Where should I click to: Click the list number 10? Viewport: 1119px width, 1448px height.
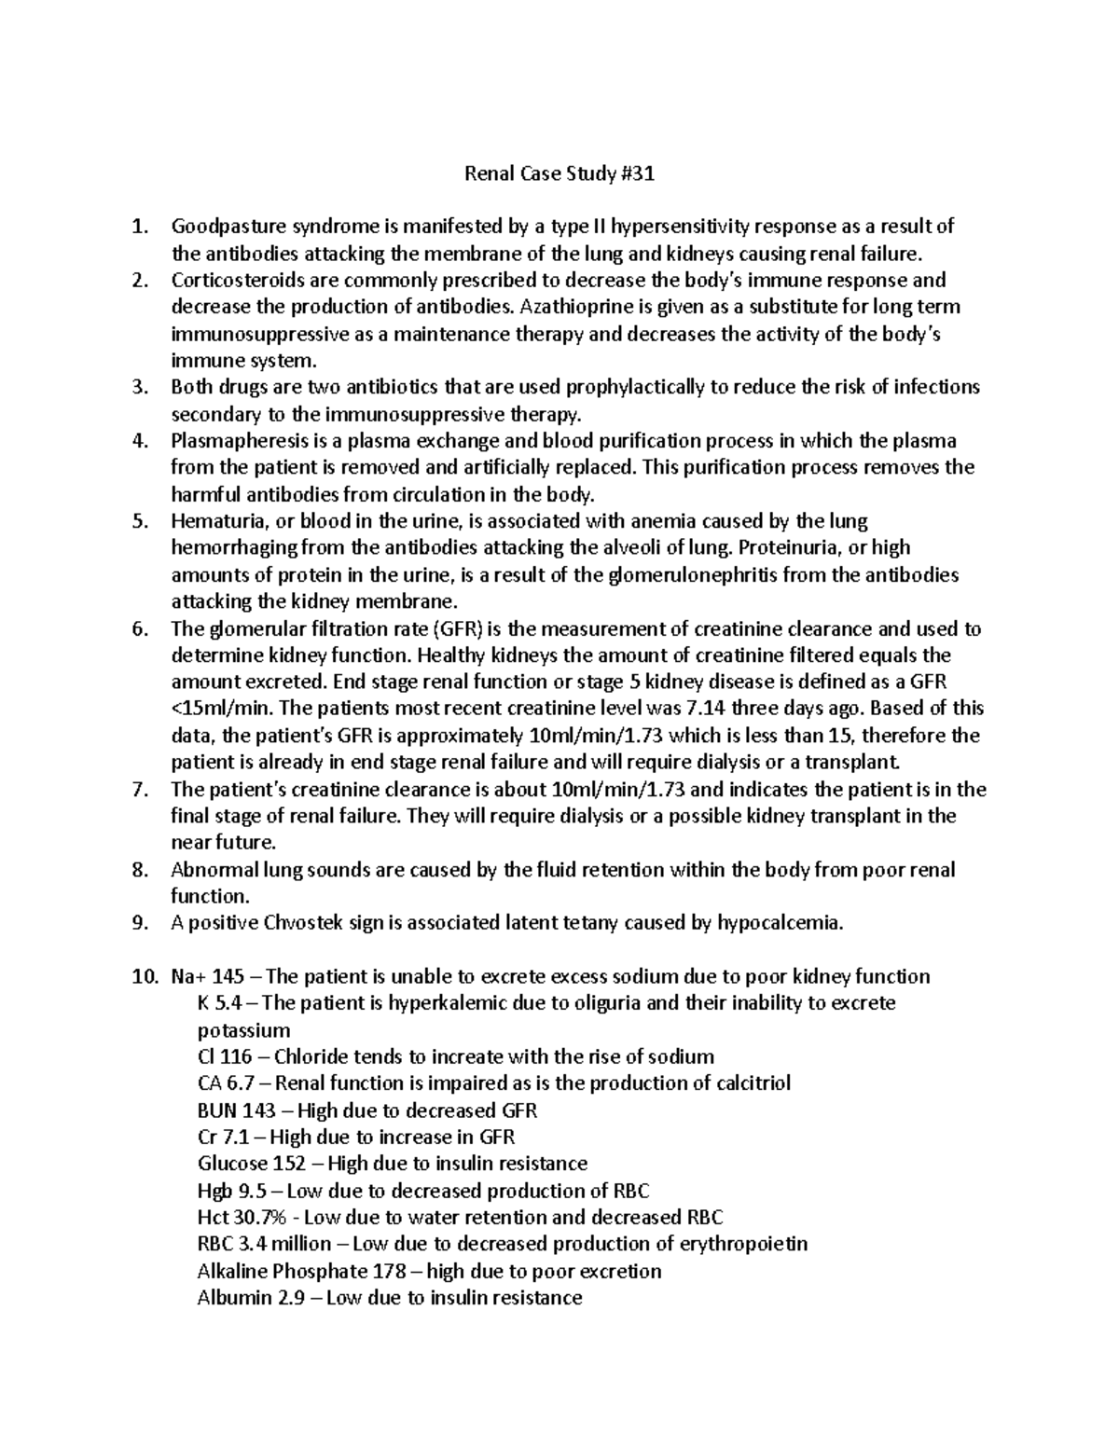point(144,977)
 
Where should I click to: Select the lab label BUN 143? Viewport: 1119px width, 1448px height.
point(237,1111)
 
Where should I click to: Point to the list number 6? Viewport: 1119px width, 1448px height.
point(141,629)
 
